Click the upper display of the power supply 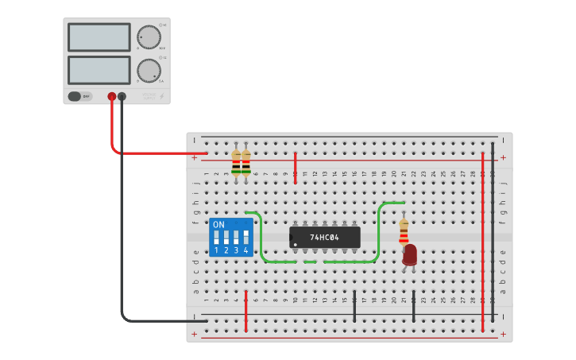pos(99,37)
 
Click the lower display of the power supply pos(99,70)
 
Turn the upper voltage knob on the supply pos(148,37)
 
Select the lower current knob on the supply pos(148,71)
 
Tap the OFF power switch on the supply pos(78,96)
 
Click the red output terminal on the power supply pos(112,96)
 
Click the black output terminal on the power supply pos(122,96)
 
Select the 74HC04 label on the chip pos(324,237)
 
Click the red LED pos(409,254)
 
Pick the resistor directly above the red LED pos(404,230)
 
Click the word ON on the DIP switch pos(218,225)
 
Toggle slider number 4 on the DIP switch pos(245,238)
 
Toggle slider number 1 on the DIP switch pos(216,238)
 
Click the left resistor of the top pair pos(236,164)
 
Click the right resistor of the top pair pos(245,164)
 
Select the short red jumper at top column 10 pos(295,168)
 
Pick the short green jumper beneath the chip pos(310,261)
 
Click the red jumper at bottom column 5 pos(246,312)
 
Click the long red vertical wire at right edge pos(482,238)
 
